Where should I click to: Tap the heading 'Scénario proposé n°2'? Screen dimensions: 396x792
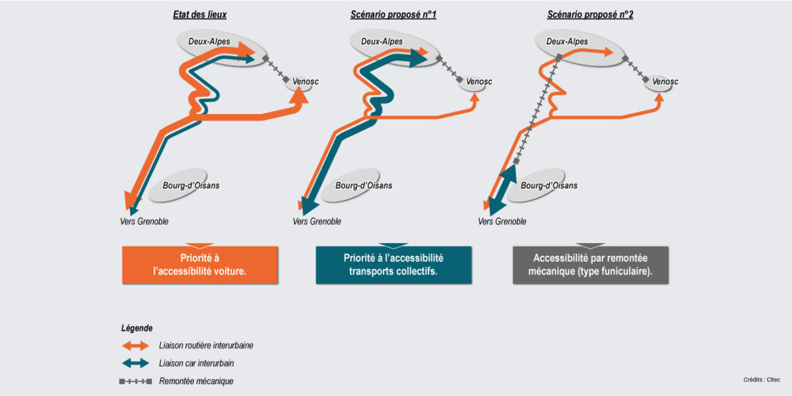pyautogui.click(x=590, y=15)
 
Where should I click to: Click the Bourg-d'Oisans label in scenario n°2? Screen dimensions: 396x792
pyautogui.click(x=548, y=185)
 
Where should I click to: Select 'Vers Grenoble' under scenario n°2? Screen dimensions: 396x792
pyautogui.click(x=502, y=222)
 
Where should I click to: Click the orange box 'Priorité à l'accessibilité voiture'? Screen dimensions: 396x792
pyautogui.click(x=200, y=265)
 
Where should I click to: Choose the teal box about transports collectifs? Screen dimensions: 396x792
pyautogui.click(x=393, y=265)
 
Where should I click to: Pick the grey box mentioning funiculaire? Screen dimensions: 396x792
pyautogui.click(x=591, y=265)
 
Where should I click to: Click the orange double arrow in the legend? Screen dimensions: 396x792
pyautogui.click(x=135, y=345)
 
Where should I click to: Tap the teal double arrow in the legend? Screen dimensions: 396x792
pyautogui.click(x=135, y=363)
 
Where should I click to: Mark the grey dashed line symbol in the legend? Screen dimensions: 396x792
pyautogui.click(x=135, y=381)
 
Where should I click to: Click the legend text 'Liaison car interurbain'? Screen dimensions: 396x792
pyautogui.click(x=196, y=363)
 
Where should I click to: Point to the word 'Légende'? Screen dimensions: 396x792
pyautogui.click(x=137, y=328)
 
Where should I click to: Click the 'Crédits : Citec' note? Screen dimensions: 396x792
pyautogui.click(x=761, y=379)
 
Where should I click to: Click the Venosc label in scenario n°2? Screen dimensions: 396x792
pyautogui.click(x=665, y=82)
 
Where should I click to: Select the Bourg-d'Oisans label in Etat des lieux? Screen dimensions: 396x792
pyautogui.click(x=191, y=185)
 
